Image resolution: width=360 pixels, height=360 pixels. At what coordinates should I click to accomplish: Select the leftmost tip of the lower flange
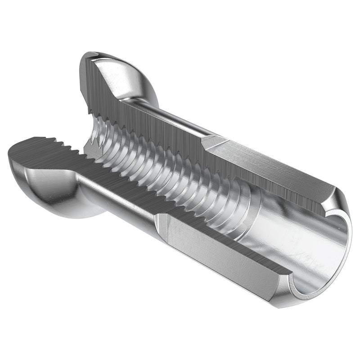[x=10, y=155]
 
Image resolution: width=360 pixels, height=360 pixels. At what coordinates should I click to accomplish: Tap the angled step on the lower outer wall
[x=162, y=225]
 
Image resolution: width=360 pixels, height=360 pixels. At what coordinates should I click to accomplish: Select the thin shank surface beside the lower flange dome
[x=117, y=198]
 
